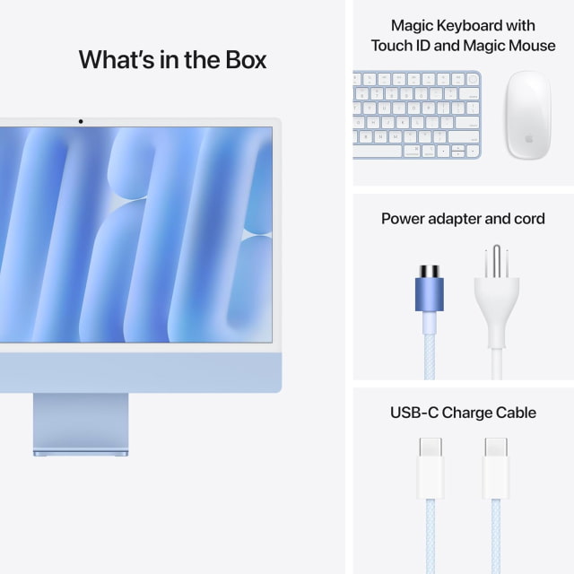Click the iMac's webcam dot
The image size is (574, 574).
(x=80, y=121)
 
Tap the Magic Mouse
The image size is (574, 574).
(x=527, y=115)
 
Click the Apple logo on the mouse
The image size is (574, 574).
(x=528, y=141)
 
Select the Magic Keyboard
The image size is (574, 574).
(x=416, y=115)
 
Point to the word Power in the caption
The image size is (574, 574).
(x=404, y=219)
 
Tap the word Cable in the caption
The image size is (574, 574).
(x=515, y=413)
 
